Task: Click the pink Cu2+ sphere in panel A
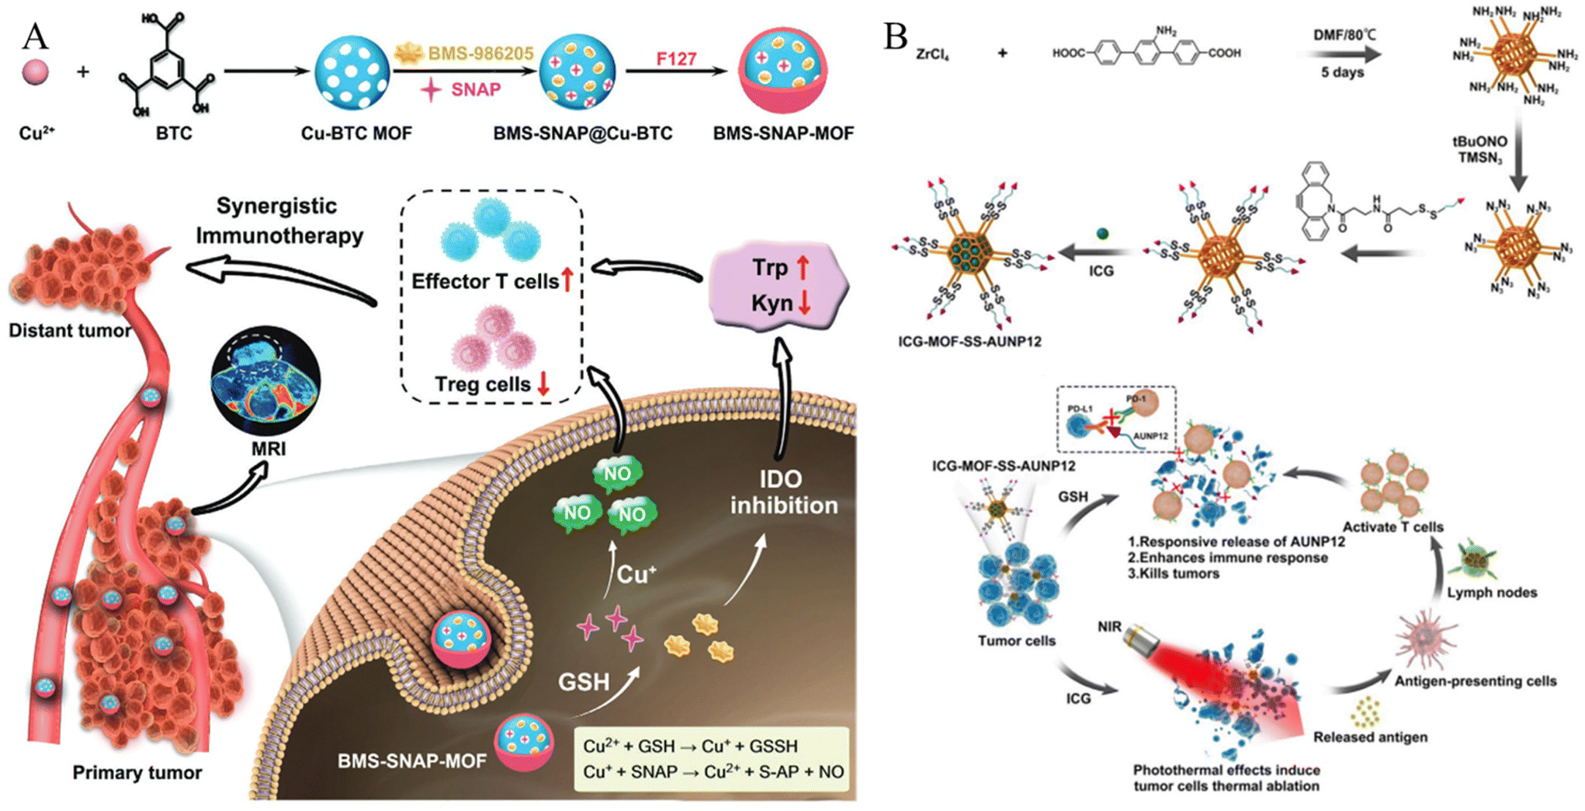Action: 36,73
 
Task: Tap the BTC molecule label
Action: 174,134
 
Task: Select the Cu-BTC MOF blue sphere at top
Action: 352,73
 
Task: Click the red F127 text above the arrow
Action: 675,59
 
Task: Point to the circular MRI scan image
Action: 265,381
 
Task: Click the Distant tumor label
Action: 70,331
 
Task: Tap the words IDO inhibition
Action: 783,493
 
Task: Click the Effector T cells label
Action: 484,281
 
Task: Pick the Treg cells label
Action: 482,385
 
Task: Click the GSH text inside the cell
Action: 584,682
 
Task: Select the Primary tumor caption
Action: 137,773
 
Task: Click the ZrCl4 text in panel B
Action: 932,54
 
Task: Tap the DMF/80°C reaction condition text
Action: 1344,35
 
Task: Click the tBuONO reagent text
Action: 1479,142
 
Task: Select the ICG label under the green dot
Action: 1101,271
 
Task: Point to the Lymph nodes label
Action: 1491,593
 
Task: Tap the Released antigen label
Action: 1370,737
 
